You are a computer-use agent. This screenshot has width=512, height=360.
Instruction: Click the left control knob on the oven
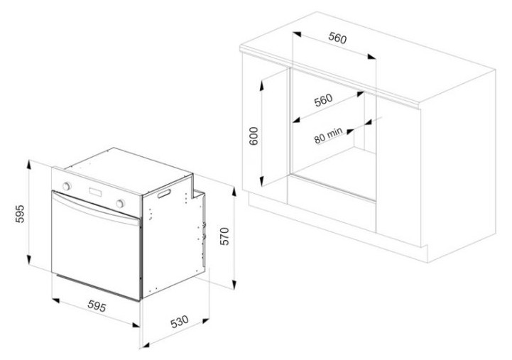coord(66,186)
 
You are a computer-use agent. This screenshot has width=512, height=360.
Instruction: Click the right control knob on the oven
coord(120,203)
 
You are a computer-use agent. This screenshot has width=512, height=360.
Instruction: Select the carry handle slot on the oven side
coord(164,193)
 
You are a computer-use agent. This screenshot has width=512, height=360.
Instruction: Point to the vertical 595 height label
coord(20,214)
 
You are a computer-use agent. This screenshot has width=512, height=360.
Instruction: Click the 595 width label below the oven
coord(97,306)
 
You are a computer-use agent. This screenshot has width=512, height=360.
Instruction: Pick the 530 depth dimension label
coord(179,322)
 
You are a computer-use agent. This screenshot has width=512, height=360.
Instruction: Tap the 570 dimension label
coord(224,236)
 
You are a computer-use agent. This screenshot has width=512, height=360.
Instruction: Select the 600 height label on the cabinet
coord(254,136)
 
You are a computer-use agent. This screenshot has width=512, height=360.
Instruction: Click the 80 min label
coord(329,135)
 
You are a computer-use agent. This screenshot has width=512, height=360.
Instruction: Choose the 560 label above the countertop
coord(337,38)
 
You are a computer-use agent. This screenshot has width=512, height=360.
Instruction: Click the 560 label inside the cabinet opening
coord(323,100)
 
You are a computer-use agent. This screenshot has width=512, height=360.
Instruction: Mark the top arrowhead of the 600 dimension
coord(261,85)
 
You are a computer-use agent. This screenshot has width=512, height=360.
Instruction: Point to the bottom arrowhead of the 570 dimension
coord(234,283)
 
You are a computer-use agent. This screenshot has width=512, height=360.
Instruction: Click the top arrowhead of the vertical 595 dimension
coord(29,165)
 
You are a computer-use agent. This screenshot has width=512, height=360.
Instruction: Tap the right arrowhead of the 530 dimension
coord(205,321)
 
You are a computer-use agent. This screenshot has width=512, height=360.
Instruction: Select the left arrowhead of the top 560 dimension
coord(297,33)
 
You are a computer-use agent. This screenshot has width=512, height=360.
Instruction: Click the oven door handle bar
coord(96,209)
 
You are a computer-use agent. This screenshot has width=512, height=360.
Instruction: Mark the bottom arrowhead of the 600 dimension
coord(261,181)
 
